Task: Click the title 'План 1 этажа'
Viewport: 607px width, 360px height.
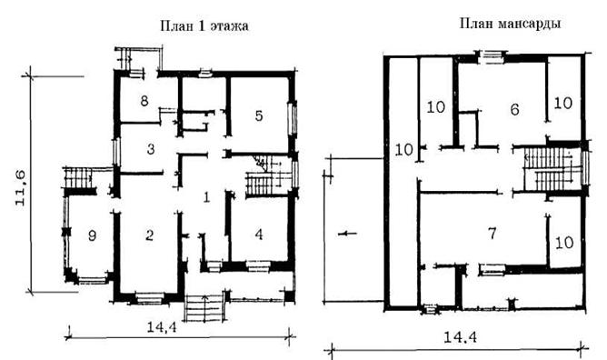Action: pyautogui.click(x=204, y=26)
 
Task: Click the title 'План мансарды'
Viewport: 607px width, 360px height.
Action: pyautogui.click(x=510, y=24)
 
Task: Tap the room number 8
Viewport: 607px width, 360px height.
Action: pyautogui.click(x=144, y=101)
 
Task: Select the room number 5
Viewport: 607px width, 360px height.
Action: pyautogui.click(x=259, y=115)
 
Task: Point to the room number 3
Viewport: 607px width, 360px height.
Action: pyautogui.click(x=151, y=149)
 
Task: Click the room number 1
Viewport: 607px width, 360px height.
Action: pyautogui.click(x=206, y=197)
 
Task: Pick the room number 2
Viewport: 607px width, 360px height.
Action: pyautogui.click(x=150, y=235)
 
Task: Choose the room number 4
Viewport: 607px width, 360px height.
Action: pyautogui.click(x=259, y=235)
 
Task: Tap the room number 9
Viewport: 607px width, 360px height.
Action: pyautogui.click(x=92, y=235)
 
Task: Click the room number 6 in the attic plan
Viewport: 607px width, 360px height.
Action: pyautogui.click(x=514, y=110)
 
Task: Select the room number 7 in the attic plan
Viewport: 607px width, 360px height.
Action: pyautogui.click(x=492, y=234)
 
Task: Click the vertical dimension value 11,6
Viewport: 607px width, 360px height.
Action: pyautogui.click(x=21, y=188)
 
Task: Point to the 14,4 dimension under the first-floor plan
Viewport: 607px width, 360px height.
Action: pyautogui.click(x=162, y=327)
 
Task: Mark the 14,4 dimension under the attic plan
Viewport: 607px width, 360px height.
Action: pyautogui.click(x=460, y=337)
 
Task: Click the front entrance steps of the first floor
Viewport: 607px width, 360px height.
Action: pyautogui.click(x=204, y=308)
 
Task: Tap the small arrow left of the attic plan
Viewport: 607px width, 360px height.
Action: pyautogui.click(x=347, y=234)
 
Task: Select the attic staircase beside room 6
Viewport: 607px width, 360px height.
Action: pyautogui.click(x=552, y=170)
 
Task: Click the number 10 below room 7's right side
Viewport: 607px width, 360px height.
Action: pyautogui.click(x=564, y=243)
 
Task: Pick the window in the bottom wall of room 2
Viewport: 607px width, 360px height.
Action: pyautogui.click(x=149, y=299)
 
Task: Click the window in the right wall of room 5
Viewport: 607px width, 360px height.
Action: pyautogui.click(x=293, y=119)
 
